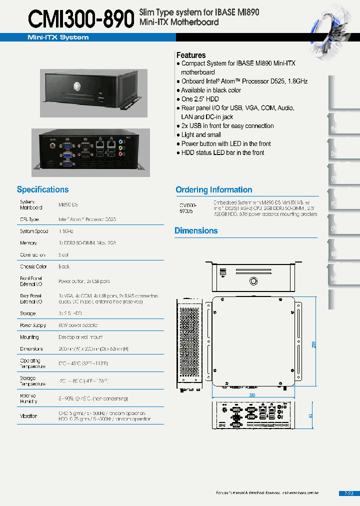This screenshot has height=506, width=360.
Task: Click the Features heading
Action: click(x=191, y=55)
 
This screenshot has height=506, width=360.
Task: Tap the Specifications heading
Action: click(x=42, y=189)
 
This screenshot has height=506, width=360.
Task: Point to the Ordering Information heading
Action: click(x=213, y=189)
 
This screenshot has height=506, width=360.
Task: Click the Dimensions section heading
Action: click(x=196, y=230)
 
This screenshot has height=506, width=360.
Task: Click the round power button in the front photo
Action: click(x=77, y=85)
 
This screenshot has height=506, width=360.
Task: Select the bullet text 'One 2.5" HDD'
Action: click(x=200, y=99)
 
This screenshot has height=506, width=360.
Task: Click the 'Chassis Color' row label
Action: click(x=33, y=267)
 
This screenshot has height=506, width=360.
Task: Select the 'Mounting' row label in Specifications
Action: click(x=29, y=337)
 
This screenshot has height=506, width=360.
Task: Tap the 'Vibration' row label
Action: click(x=28, y=416)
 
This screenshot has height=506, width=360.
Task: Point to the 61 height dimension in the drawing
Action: click(x=311, y=416)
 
